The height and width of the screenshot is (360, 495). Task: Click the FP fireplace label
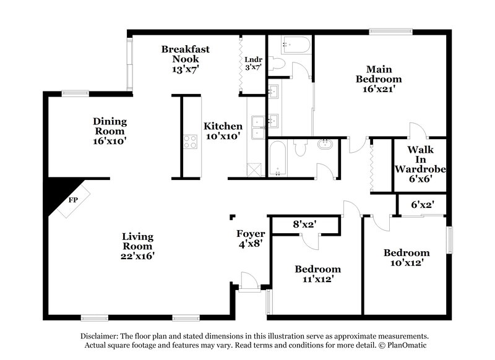pyautogui.click(x=73, y=200)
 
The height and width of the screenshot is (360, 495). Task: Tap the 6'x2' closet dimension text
pyautogui.click(x=424, y=204)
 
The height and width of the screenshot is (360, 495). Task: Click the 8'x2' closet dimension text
pyautogui.click(x=304, y=225)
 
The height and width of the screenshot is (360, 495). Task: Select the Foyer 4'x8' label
pyautogui.click(x=251, y=239)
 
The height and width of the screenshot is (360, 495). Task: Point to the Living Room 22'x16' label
pyautogui.click(x=137, y=246)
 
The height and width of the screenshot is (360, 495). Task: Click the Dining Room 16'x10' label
pyautogui.click(x=110, y=131)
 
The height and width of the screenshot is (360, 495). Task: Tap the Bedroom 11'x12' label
pyautogui.click(x=317, y=275)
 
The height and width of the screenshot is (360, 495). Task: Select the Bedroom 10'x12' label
pyautogui.click(x=407, y=257)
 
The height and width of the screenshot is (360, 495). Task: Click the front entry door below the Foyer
pyautogui.click(x=251, y=283)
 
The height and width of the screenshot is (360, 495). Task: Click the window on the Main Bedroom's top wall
pyautogui.click(x=391, y=31)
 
